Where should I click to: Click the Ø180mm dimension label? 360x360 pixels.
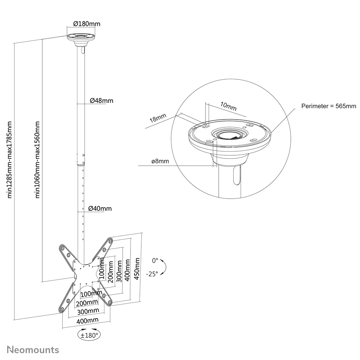[86, 24]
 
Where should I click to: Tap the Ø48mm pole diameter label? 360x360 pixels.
[101, 101]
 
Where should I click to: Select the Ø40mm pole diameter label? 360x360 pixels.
[100, 208]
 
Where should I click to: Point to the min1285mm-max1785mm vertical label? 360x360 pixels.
[10, 160]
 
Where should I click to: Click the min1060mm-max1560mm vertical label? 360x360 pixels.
[37, 160]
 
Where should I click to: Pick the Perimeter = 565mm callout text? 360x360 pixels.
[328, 106]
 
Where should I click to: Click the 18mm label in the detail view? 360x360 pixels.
[158, 119]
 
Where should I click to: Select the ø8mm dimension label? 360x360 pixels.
[160, 161]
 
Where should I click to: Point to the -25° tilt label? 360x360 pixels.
[152, 274]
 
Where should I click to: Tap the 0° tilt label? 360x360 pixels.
[155, 260]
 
